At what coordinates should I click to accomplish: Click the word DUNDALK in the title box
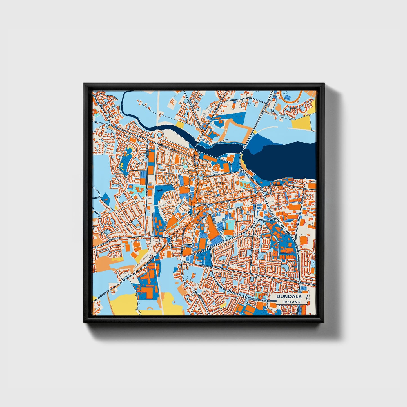289,297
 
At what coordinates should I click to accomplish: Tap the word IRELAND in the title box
292,302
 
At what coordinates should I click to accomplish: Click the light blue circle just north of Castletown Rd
160,135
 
